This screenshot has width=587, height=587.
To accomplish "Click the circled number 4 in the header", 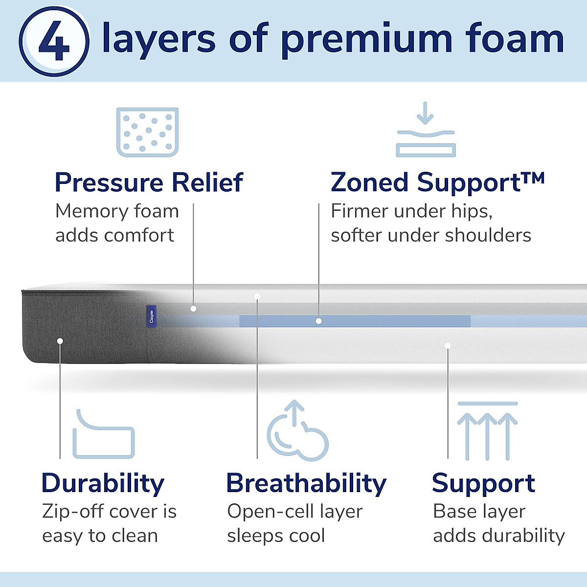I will click(x=54, y=41).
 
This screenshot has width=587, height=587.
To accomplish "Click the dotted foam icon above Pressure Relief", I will click(x=147, y=132).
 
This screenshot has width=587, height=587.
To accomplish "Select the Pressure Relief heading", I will click(x=149, y=182).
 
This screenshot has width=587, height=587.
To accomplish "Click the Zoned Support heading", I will click(x=437, y=182).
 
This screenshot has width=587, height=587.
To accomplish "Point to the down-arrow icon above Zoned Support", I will click(x=426, y=129).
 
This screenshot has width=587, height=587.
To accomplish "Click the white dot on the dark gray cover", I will click(x=60, y=340).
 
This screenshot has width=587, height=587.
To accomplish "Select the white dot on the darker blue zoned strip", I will click(x=318, y=321).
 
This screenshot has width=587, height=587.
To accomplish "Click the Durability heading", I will click(x=103, y=483).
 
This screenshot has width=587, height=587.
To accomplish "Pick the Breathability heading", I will click(x=306, y=483).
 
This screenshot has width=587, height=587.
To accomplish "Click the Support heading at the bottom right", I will click(x=483, y=483).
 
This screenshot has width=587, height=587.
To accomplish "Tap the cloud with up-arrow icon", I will click(x=297, y=431).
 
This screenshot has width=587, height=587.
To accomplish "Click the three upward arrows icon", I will click(x=487, y=431).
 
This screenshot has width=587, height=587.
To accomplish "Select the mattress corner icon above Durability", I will click(x=103, y=435).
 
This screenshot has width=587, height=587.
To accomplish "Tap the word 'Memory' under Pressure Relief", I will click(x=85, y=211).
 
